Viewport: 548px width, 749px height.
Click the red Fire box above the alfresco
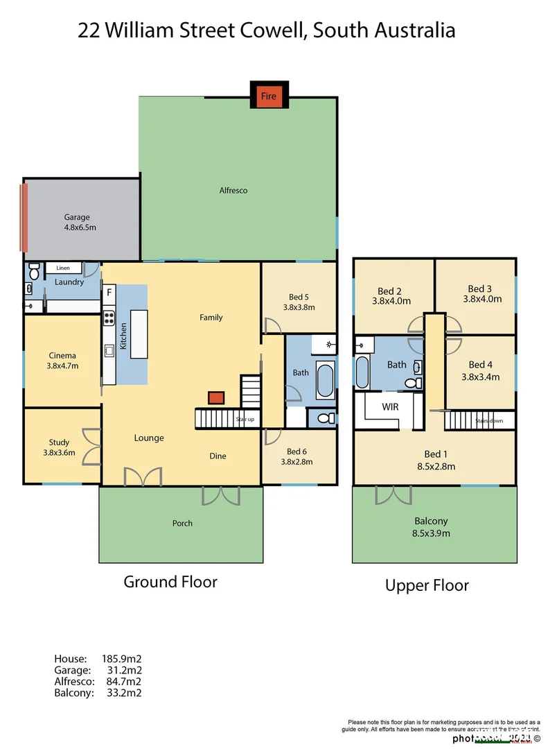268,96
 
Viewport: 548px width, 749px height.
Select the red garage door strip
25,216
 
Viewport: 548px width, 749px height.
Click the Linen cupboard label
63,268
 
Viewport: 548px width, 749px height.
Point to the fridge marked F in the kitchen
109,293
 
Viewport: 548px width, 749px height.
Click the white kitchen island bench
139,334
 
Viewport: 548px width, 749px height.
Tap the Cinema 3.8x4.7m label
62,360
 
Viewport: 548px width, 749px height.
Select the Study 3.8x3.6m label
59,447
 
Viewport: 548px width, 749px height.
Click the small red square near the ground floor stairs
216,397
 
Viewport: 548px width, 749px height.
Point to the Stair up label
245,420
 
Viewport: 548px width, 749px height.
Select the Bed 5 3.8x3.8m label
299,302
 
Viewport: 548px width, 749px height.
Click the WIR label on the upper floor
390,407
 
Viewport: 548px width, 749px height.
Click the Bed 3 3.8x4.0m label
480,294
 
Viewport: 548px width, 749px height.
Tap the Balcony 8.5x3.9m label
431,527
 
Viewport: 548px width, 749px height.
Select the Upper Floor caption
427,586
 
